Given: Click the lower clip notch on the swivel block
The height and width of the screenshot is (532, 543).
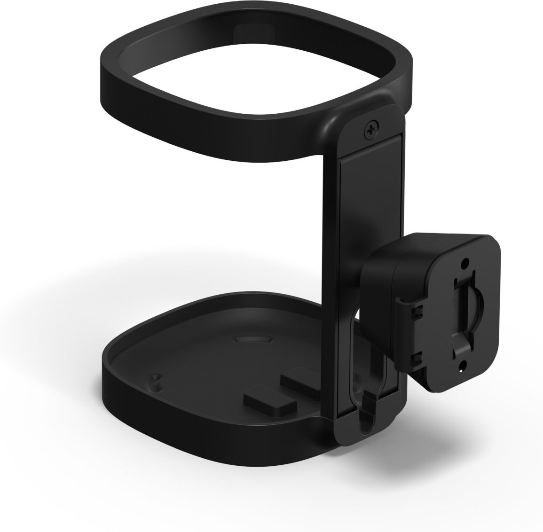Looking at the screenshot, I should pyautogui.click(x=415, y=360).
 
